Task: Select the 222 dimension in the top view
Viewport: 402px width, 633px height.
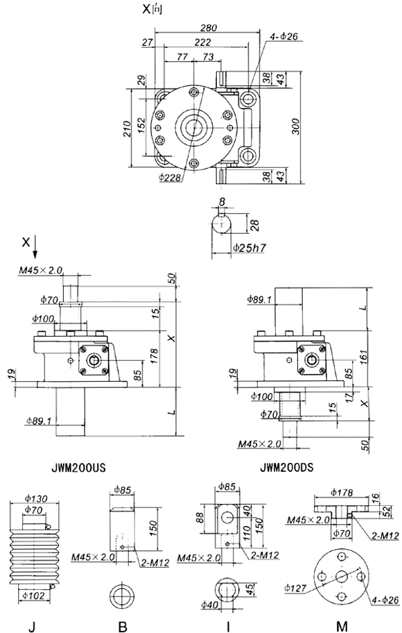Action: [203, 43]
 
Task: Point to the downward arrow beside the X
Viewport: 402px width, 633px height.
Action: [35, 246]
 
